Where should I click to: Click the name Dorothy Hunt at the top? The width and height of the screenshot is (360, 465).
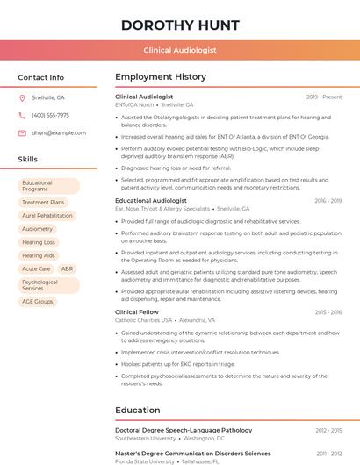coord(180,25)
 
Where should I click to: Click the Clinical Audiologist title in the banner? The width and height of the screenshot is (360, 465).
coord(180,50)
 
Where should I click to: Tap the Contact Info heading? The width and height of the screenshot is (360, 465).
coord(41,77)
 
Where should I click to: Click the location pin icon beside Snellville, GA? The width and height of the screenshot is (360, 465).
coord(22,97)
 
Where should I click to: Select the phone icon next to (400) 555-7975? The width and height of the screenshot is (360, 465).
coord(22,115)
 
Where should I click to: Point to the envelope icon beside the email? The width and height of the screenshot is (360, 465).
coord(22,132)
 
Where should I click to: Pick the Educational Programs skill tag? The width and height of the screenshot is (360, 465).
coord(49,186)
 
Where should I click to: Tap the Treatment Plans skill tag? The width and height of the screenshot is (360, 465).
coord(43,202)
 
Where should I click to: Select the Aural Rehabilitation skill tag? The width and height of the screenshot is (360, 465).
coord(47,215)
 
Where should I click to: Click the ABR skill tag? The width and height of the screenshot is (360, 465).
coord(68,268)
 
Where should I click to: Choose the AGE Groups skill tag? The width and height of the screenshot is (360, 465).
coord(38,301)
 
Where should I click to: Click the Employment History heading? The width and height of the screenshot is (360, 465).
coord(161,77)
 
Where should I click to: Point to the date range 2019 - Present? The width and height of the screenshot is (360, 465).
coord(324,97)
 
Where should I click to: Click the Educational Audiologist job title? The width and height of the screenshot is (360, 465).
coord(151,201)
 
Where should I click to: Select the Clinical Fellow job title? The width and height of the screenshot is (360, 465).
coord(137,312)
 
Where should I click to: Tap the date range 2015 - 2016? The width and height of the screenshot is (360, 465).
coord(328,312)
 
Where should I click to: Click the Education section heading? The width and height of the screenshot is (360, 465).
coord(139,410)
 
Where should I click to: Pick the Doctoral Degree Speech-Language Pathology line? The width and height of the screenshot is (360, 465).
coord(184,430)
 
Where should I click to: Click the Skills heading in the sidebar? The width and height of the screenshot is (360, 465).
coord(28,159)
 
